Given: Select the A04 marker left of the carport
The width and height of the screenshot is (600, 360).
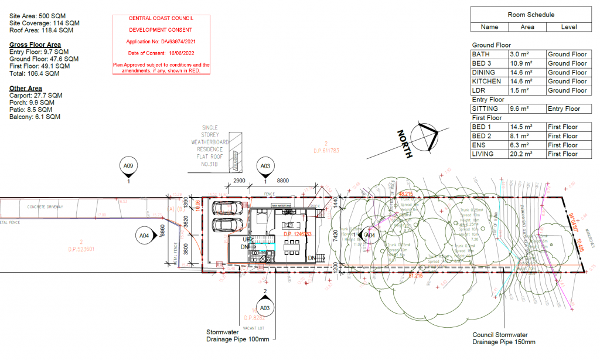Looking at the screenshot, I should [x=144, y=235].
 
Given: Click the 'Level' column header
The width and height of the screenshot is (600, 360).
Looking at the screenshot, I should [x=568, y=27].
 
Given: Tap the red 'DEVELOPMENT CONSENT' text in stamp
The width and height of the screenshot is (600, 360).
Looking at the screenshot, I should [x=161, y=30].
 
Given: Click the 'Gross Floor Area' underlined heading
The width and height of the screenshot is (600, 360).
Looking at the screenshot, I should [x=35, y=45].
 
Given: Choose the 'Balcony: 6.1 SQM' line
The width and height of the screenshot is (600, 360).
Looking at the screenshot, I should [x=35, y=117].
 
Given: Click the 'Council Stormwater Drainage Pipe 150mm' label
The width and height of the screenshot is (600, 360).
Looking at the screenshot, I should [x=504, y=339].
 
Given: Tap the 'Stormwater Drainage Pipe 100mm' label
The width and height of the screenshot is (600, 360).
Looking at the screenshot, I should [x=237, y=335].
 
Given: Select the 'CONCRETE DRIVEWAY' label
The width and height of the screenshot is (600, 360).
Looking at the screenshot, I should [x=44, y=207].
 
